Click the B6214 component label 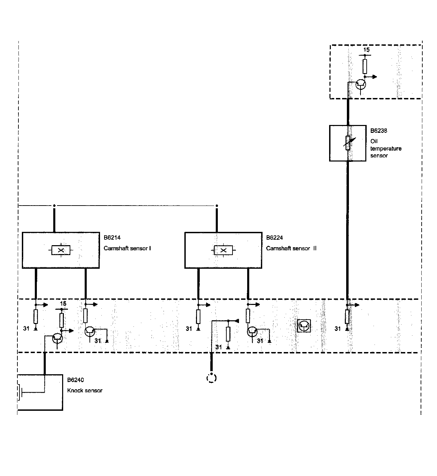coord(112,238)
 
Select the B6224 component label coord(274,238)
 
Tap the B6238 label coord(379,130)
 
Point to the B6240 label coord(75,380)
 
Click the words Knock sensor coord(85,390)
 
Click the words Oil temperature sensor coord(386,148)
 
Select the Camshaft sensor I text coord(127,248)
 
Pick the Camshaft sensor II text coord(291,248)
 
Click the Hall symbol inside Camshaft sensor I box coord(61,250)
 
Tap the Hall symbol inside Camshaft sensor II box coord(223,250)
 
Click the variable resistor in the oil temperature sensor coord(348,143)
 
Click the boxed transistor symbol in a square coord(304,326)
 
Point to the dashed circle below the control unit coord(212,378)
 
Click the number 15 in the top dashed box coord(366,50)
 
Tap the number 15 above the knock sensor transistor coord(63,304)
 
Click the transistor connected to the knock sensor coord(58,338)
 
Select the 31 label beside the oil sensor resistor coord(338,328)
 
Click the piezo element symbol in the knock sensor coord(20,392)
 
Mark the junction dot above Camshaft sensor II coord(217,206)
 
